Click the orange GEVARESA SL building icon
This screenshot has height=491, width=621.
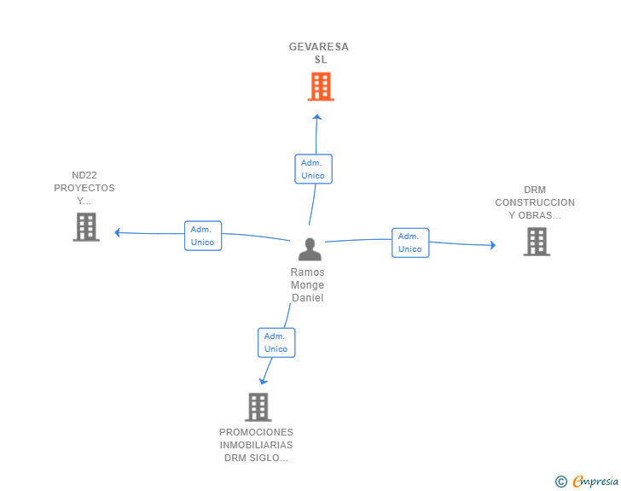point(321,86)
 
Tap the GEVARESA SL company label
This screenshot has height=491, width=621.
point(319,53)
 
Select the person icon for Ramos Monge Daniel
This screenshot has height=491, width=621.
point(310,249)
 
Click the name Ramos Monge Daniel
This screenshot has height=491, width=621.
point(307,284)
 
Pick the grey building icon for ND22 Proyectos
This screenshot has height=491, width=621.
point(86,227)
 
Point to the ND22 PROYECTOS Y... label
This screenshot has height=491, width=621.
point(84,188)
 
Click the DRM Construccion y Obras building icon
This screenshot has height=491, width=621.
point(537,242)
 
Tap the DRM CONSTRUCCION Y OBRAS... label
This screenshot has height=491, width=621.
point(535,202)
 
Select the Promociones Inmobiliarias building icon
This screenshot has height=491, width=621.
point(258,407)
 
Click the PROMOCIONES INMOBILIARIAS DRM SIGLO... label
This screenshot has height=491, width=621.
point(256,445)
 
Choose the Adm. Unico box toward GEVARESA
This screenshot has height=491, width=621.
point(313,169)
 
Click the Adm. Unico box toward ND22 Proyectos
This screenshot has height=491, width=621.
point(203,236)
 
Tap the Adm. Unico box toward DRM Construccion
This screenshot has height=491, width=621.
point(410,243)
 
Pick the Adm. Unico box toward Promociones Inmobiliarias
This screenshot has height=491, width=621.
point(276,342)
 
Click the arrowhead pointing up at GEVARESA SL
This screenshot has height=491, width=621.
point(316,117)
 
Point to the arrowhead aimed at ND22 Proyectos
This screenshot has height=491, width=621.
point(117,232)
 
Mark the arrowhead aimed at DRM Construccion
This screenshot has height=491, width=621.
point(493,245)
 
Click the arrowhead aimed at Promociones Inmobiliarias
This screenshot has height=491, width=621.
point(263,382)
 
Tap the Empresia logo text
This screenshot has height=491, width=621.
point(595,482)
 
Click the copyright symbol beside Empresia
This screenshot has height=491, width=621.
point(561,482)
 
